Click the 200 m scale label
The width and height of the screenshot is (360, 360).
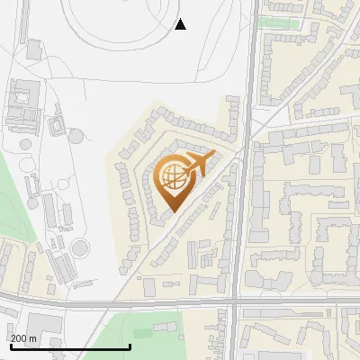pyautogui.click(x=23, y=337)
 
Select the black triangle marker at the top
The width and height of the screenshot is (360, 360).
pyautogui.click(x=180, y=24)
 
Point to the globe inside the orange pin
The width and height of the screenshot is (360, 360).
pyautogui.click(x=172, y=175)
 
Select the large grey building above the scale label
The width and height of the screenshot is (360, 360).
pyautogui.click(x=40, y=324)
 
